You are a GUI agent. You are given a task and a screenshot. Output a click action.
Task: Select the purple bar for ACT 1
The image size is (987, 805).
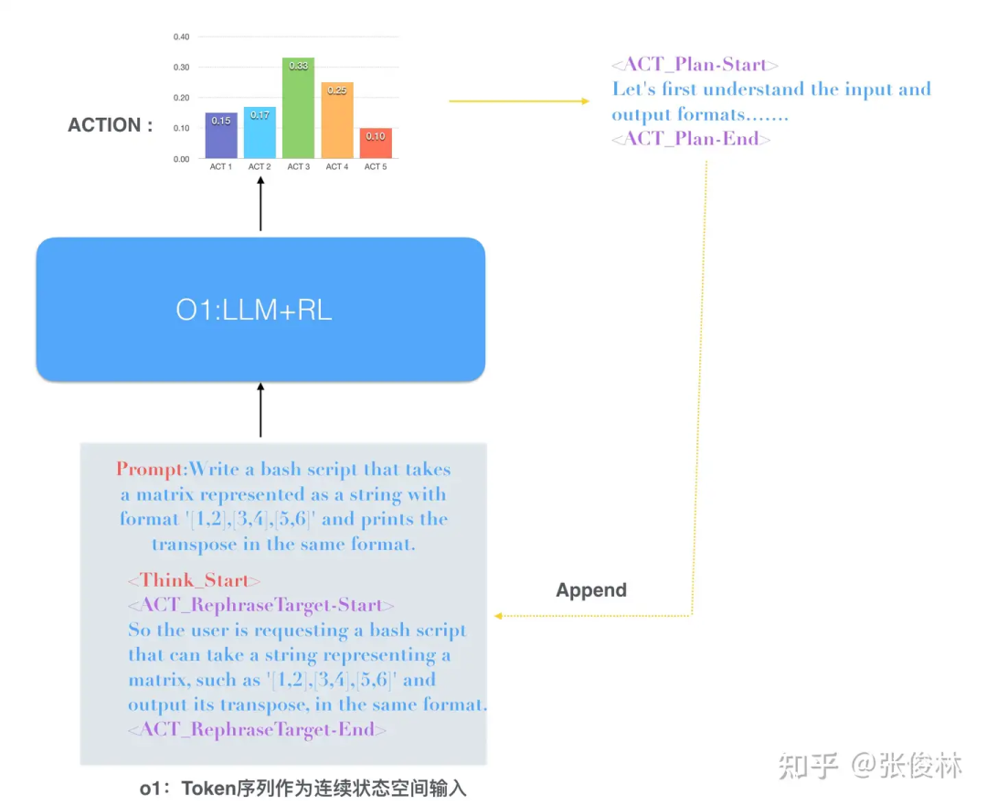[221, 135]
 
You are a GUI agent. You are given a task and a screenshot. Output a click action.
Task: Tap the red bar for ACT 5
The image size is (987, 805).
[375, 143]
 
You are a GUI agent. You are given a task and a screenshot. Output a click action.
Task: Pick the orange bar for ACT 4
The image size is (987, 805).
[336, 120]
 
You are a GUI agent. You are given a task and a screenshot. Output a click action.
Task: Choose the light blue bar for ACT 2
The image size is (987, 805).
[260, 132]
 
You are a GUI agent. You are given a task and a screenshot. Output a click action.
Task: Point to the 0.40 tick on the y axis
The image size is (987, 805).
[181, 37]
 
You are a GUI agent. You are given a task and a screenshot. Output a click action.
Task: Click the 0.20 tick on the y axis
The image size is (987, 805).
[181, 98]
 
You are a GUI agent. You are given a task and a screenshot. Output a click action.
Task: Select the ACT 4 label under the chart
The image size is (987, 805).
[336, 167]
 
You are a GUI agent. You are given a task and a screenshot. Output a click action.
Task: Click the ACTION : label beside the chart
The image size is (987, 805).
[111, 125]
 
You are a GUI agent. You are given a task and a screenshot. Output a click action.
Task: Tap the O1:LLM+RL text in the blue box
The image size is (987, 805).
[254, 310]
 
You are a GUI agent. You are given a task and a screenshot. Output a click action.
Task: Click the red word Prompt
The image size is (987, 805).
[150, 470]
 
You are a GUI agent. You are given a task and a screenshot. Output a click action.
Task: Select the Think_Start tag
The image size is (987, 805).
[194, 580]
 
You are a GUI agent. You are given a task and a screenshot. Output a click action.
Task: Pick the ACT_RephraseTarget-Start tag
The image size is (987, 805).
[261, 606]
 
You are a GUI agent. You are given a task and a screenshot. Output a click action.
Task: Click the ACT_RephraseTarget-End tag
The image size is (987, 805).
[257, 729]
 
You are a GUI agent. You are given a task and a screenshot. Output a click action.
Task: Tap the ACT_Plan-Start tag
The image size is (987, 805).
[695, 65]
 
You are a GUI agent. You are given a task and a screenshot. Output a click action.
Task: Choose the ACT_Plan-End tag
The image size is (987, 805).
[691, 139]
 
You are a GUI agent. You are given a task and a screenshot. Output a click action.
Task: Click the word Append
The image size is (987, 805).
[591, 590]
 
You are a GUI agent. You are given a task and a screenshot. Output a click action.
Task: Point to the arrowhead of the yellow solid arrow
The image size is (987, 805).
[585, 101]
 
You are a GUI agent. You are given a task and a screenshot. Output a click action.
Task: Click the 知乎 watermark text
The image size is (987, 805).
[808, 766]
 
